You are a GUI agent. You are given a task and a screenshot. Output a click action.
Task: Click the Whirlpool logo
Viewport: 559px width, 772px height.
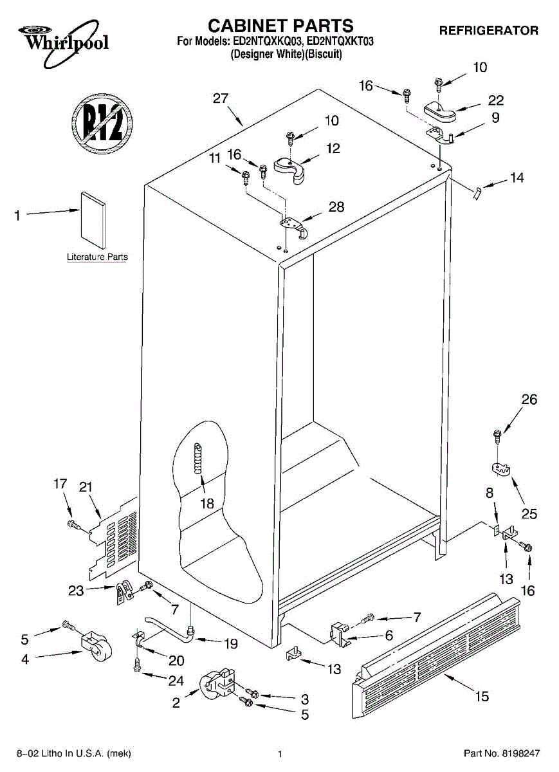pyautogui.click(x=61, y=39)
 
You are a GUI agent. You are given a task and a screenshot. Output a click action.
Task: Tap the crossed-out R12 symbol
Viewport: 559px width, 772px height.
pyautogui.click(x=101, y=122)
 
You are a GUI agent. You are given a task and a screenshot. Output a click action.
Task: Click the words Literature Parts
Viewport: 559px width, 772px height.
pyautogui.click(x=97, y=257)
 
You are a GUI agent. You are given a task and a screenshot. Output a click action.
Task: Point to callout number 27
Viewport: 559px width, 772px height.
pyautogui.click(x=221, y=98)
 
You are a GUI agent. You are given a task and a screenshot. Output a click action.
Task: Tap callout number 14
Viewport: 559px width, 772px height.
pyautogui.click(x=517, y=178)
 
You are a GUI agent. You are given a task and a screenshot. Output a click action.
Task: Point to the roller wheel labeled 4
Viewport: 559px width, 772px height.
pyautogui.click(x=96, y=648)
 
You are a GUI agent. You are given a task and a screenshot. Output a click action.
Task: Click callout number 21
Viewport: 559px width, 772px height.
pyautogui.click(x=86, y=487)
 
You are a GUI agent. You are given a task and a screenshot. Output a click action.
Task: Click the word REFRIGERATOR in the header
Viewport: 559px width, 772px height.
pyautogui.click(x=488, y=30)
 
